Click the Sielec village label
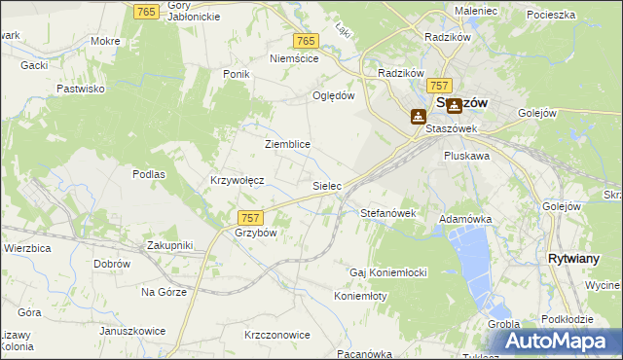click(326, 184)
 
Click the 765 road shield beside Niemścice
click(306, 40)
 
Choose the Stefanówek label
click(388, 212)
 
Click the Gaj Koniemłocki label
click(389, 272)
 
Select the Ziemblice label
click(287, 144)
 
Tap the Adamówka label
click(465, 220)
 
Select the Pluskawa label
click(465, 155)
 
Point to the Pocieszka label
click(551, 15)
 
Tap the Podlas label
click(149, 174)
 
